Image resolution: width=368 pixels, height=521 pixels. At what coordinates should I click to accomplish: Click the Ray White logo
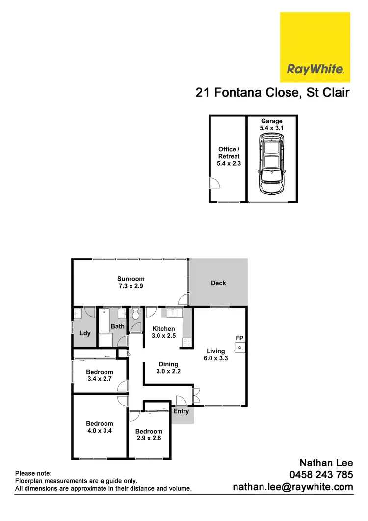click(315, 47)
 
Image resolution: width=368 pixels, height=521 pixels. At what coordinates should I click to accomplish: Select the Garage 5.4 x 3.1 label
click(271, 124)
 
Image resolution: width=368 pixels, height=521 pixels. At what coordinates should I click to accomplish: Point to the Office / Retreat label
click(229, 156)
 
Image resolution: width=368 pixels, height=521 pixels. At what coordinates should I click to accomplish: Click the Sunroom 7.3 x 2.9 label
click(131, 282)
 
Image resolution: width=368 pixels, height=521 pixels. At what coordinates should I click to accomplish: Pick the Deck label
click(218, 283)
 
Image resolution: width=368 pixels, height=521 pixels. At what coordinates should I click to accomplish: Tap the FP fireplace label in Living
click(239, 338)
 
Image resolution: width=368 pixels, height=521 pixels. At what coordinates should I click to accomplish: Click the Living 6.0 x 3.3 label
click(216, 354)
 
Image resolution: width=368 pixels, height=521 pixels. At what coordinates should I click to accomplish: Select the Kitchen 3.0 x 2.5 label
click(163, 332)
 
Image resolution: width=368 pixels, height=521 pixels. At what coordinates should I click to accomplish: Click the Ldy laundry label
click(85, 333)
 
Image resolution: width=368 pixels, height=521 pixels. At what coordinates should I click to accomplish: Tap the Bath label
click(117, 326)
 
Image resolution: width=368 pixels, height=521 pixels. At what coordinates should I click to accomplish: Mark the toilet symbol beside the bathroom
click(136, 314)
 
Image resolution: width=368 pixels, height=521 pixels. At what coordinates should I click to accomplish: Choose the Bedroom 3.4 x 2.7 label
click(100, 376)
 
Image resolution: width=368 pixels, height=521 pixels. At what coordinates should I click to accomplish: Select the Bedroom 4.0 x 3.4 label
click(100, 427)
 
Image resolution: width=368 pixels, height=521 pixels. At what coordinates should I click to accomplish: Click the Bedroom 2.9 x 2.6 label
click(149, 434)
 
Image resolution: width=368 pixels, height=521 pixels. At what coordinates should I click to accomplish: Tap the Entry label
click(181, 411)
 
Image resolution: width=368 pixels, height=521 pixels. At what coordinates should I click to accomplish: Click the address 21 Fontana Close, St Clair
click(272, 92)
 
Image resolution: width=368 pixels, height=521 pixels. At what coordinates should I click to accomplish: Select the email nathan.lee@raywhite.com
click(293, 487)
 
